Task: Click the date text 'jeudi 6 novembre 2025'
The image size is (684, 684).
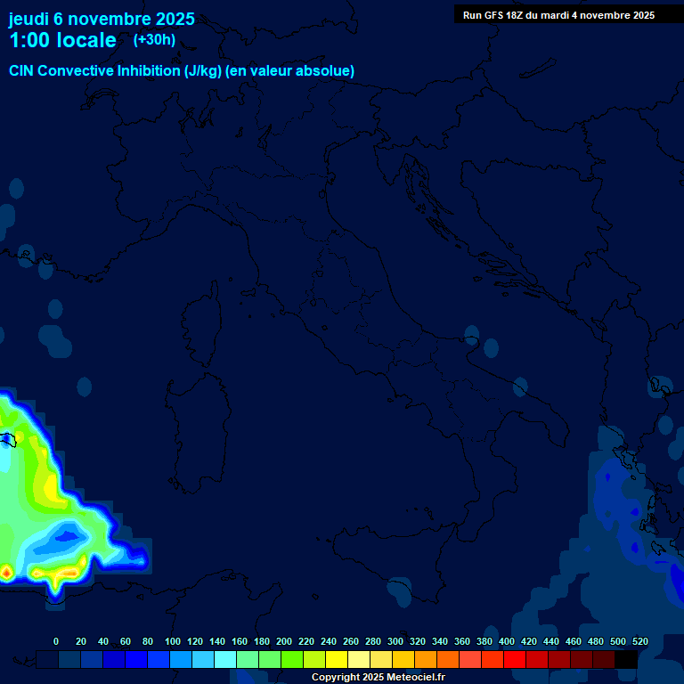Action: [x=102, y=20]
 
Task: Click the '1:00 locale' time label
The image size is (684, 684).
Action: [x=62, y=40]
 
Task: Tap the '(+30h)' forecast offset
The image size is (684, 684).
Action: [x=154, y=39]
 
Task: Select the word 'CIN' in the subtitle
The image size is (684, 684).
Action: [x=21, y=70]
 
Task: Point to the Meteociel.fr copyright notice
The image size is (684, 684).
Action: [x=378, y=678]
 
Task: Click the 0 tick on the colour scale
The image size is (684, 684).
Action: [x=56, y=641]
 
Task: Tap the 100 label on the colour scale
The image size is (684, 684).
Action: [x=173, y=641]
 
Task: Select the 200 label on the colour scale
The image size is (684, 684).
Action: [x=284, y=641]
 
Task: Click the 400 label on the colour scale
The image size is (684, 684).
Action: [x=507, y=641]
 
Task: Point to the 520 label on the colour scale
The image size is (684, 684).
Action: [x=639, y=641]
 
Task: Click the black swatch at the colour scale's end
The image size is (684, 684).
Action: [x=626, y=659]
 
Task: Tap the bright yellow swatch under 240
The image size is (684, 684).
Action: [x=337, y=659]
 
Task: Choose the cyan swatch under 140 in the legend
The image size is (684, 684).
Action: [x=225, y=659]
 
